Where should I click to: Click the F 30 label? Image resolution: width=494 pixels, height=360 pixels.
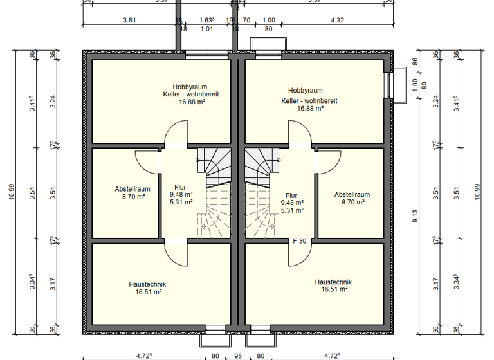tap(298, 242)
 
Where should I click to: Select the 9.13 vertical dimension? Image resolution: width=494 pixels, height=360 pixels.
tap(416, 219)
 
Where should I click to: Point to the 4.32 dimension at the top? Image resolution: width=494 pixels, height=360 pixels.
tap(337, 21)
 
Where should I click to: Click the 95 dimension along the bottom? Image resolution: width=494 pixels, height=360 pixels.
tap(238, 355)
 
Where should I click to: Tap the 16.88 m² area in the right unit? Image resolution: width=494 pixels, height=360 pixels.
tap(309, 109)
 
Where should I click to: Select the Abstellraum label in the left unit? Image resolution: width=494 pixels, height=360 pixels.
tap(133, 189)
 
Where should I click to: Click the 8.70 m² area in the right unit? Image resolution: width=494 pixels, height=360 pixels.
tap(352, 202)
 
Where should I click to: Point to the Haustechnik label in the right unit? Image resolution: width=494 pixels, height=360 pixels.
tap(333, 282)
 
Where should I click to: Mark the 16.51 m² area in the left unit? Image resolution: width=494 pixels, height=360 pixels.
tap(147, 291)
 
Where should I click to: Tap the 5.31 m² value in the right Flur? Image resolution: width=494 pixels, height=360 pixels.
tap(291, 210)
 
